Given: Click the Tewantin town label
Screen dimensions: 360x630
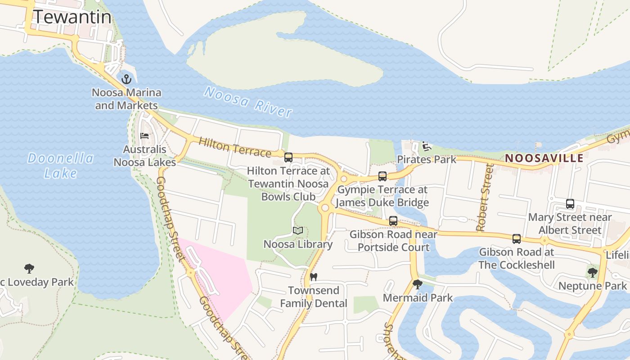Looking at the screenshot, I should (72, 17).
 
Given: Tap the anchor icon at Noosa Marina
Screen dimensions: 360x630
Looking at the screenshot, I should (127, 80).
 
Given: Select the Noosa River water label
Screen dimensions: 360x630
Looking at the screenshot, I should (248, 102).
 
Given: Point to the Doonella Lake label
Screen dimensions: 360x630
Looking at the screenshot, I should (60, 165).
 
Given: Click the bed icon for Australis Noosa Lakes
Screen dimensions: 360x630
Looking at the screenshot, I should (144, 135).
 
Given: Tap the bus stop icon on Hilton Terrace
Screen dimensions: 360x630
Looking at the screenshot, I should (288, 157).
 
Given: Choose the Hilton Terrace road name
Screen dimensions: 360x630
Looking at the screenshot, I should (234, 147).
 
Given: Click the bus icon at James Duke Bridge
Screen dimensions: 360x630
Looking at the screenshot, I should (382, 176).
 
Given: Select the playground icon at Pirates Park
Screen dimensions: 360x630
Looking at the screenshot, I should (426, 146).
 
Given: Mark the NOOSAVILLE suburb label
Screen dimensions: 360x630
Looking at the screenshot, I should (544, 158).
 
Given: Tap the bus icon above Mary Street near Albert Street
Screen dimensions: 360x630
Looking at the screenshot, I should (570, 204).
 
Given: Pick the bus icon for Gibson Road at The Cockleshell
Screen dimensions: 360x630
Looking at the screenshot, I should (517, 239).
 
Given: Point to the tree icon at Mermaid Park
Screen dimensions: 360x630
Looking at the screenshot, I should (418, 284).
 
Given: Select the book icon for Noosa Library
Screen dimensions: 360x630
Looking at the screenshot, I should (297, 231).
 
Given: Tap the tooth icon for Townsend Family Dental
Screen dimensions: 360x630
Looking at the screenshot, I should (314, 277).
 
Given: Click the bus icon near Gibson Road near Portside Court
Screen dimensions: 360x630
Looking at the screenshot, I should (393, 221).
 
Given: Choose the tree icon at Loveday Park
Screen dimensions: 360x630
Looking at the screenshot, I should (29, 269).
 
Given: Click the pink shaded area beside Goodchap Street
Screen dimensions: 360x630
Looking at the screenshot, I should (225, 279).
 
